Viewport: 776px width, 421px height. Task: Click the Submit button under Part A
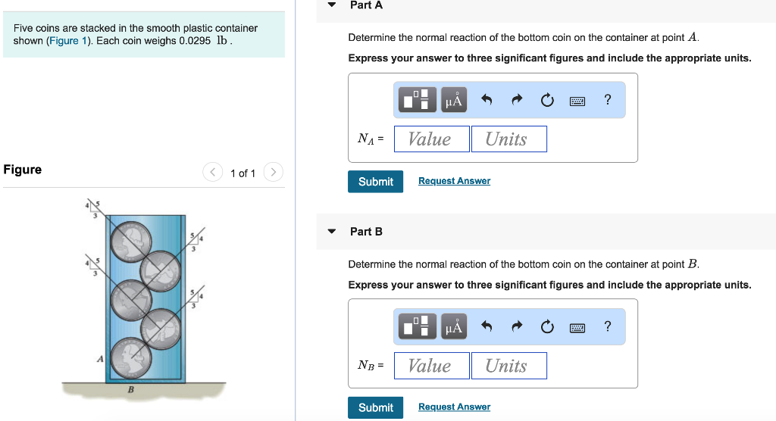[x=375, y=182]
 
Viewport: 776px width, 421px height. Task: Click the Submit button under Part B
[x=375, y=407]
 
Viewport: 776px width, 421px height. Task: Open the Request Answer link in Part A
[x=455, y=181]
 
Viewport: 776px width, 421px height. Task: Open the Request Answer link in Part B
[x=455, y=407]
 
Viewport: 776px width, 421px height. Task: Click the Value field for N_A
[x=431, y=139]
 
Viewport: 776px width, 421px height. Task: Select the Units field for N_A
[x=508, y=139]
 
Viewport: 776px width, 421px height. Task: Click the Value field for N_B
[x=431, y=366]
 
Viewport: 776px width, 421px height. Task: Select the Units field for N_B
[x=508, y=366]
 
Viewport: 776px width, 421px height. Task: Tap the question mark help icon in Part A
[x=608, y=100]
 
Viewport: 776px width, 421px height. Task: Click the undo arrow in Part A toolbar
[x=487, y=100]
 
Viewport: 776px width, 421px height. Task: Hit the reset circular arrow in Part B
[x=547, y=327]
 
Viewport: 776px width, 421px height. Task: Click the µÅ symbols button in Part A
[x=454, y=100]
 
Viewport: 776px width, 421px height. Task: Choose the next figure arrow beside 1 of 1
[x=273, y=172]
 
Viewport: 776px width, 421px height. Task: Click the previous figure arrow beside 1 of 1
[x=213, y=172]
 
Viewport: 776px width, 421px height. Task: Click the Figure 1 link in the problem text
[x=64, y=41]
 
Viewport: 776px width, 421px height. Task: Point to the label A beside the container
[x=100, y=359]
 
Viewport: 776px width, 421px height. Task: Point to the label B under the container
[x=130, y=389]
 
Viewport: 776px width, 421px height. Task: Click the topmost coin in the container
[x=130, y=241]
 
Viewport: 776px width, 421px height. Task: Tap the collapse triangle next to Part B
[x=332, y=231]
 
